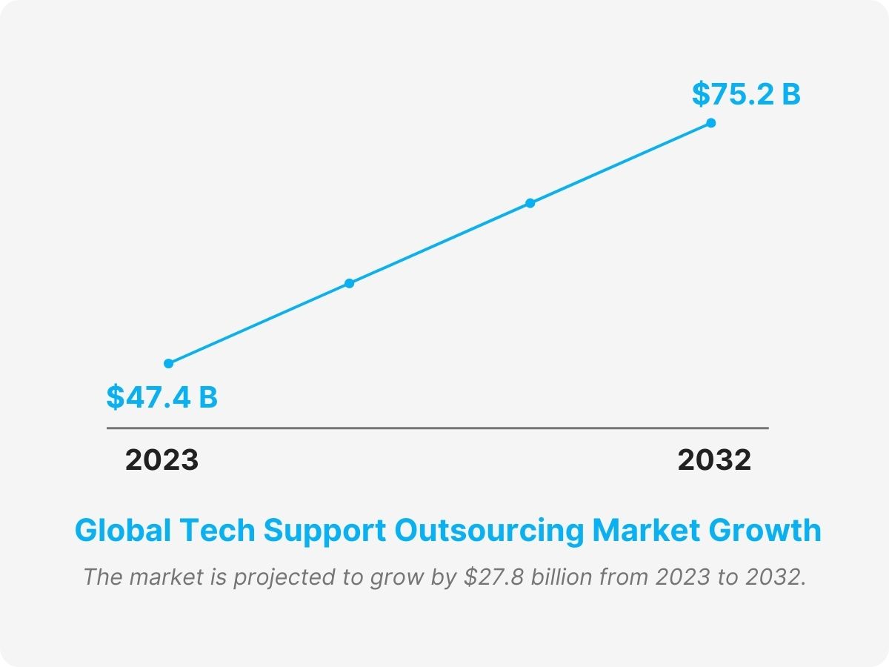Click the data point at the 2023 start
[x=169, y=363]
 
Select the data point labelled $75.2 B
[x=710, y=123]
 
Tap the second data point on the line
[x=350, y=283]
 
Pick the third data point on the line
[x=530, y=203]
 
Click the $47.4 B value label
[x=162, y=397]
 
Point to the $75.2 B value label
[x=746, y=95]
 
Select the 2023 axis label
[x=162, y=460]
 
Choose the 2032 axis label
[x=714, y=460]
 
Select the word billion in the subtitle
[x=559, y=577]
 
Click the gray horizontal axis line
[x=437, y=428]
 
